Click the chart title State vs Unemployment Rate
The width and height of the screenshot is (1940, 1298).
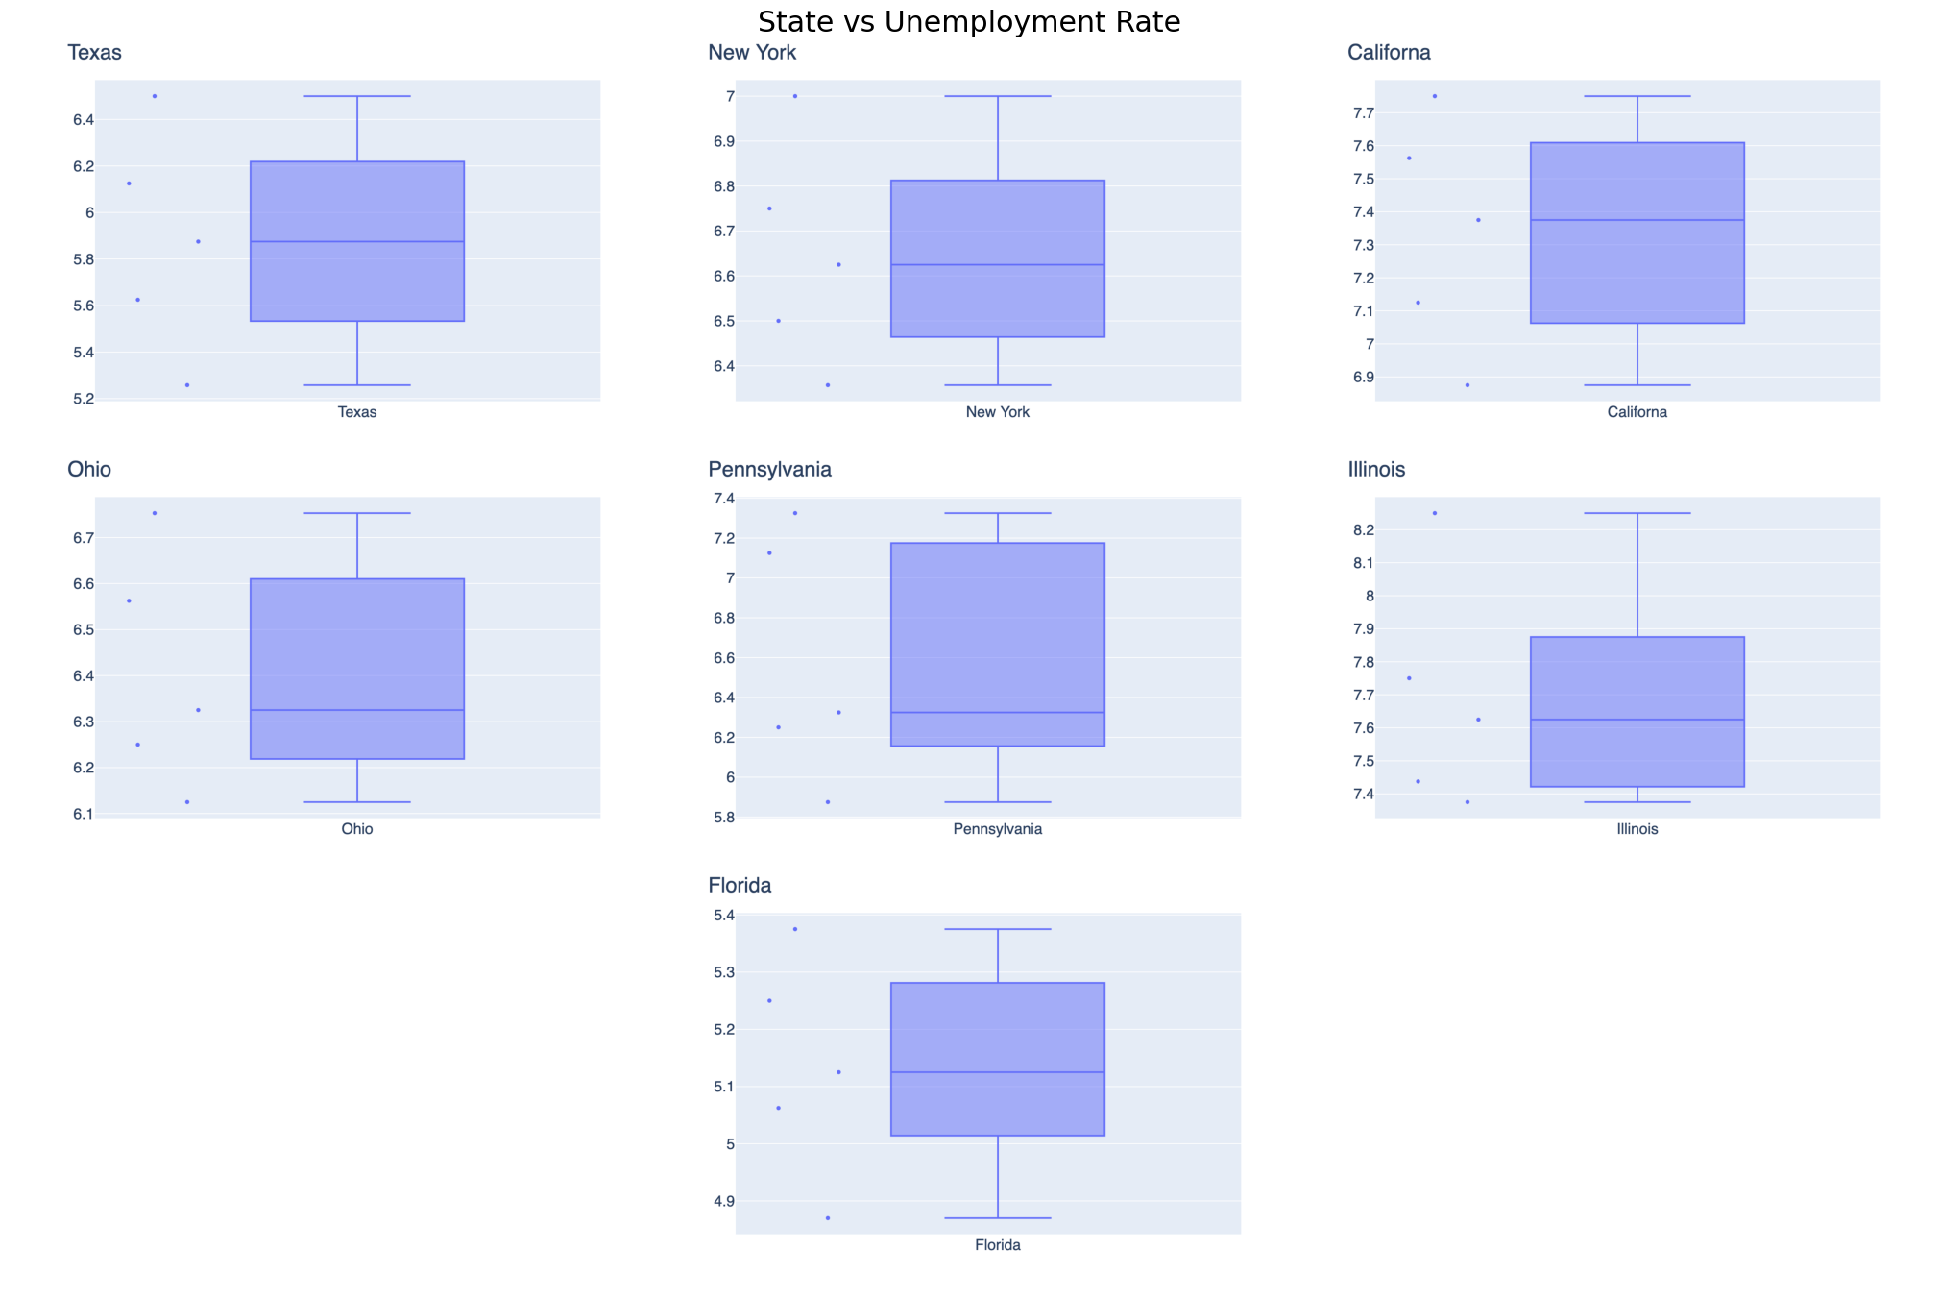click(x=969, y=22)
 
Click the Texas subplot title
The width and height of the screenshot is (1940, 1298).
click(x=94, y=53)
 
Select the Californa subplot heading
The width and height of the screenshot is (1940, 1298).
click(x=1389, y=53)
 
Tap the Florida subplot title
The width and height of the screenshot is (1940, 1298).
click(x=740, y=886)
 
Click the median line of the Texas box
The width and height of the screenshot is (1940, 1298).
click(x=357, y=241)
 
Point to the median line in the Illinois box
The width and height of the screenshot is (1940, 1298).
click(x=1637, y=720)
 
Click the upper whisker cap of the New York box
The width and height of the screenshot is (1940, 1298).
click(x=998, y=96)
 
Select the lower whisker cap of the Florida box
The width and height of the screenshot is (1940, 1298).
click(x=998, y=1218)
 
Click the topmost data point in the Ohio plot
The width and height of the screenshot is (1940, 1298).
click(x=155, y=513)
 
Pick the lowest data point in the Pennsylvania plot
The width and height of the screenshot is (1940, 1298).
click(x=828, y=802)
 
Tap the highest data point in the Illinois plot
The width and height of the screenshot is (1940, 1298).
click(x=1435, y=513)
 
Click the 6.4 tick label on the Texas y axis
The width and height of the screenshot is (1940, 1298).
click(x=84, y=120)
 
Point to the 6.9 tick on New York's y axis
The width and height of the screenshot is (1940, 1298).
click(x=723, y=141)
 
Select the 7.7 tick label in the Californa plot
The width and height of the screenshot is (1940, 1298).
click(x=1364, y=113)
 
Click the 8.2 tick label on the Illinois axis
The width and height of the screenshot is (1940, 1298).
click(x=1364, y=530)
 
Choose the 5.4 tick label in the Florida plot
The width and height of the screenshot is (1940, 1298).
click(x=723, y=916)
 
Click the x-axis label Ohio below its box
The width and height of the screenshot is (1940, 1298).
click(x=357, y=829)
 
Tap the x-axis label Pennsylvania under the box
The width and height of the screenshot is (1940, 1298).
click(x=997, y=829)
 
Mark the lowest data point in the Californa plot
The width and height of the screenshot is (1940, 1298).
click(x=1467, y=385)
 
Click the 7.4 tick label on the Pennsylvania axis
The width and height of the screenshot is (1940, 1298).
click(x=723, y=499)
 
